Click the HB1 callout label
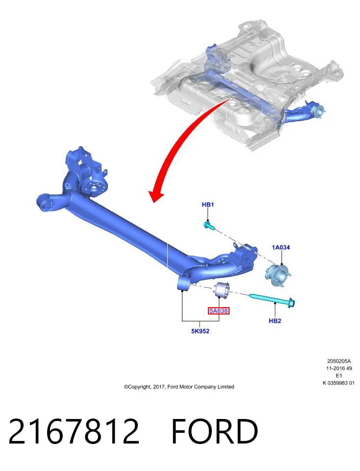point(208,205)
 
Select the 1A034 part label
point(281,247)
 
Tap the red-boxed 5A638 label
point(219,311)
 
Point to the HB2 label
point(275,321)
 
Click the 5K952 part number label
point(200,331)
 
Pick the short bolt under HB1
point(208,225)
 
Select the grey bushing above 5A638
point(221,289)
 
